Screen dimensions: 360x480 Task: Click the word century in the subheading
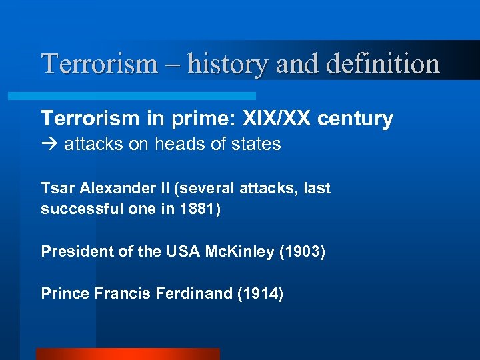click(355, 119)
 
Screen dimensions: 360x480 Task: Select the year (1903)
click(301, 252)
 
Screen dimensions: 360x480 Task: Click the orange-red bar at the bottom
click(127, 354)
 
